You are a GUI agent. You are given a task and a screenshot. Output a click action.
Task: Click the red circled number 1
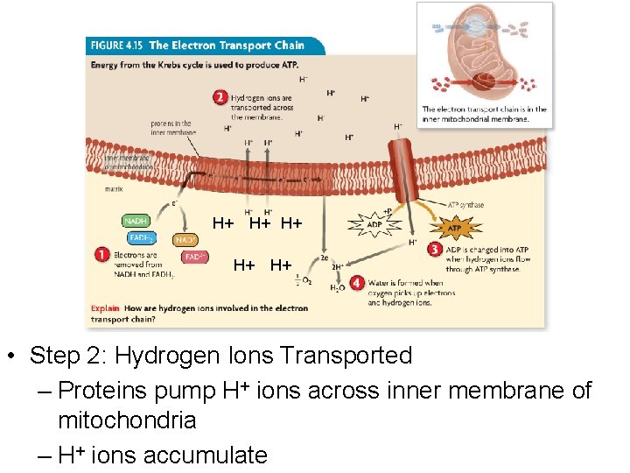[102, 256]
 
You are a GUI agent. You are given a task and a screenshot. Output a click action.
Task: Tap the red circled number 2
[220, 97]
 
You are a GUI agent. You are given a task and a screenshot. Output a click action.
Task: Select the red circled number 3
[434, 250]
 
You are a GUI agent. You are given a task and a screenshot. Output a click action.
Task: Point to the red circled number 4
[356, 284]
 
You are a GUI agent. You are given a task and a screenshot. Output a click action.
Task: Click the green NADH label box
[136, 222]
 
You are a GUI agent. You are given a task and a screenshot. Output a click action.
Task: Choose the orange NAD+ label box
[185, 238]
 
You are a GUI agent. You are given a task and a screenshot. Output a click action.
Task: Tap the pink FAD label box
[194, 257]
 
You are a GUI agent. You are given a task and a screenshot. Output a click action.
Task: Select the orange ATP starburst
[453, 229]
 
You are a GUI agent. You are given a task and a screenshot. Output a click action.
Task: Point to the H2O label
[336, 287]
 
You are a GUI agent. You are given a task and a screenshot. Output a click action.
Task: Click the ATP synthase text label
[465, 205]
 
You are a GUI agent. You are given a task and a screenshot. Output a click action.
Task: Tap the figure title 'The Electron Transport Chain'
[227, 46]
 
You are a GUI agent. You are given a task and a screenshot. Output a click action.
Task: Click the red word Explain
[105, 308]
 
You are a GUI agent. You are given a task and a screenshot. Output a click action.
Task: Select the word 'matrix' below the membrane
[114, 188]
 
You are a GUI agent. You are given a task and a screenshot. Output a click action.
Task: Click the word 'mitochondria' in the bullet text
[126, 420]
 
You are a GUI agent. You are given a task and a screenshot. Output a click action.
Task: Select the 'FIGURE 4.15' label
[116, 46]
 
